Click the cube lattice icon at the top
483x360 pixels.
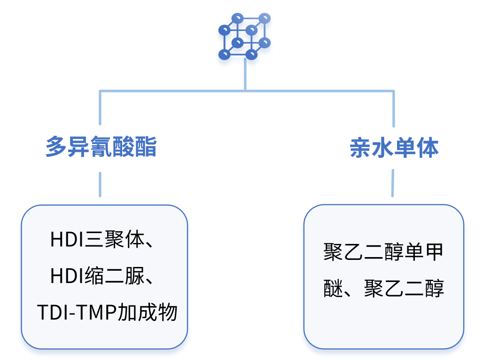tap(245, 37)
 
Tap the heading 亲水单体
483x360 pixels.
tap(394, 148)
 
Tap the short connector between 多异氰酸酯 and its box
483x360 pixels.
tap(100, 184)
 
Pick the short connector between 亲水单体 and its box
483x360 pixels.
tap(393, 183)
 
